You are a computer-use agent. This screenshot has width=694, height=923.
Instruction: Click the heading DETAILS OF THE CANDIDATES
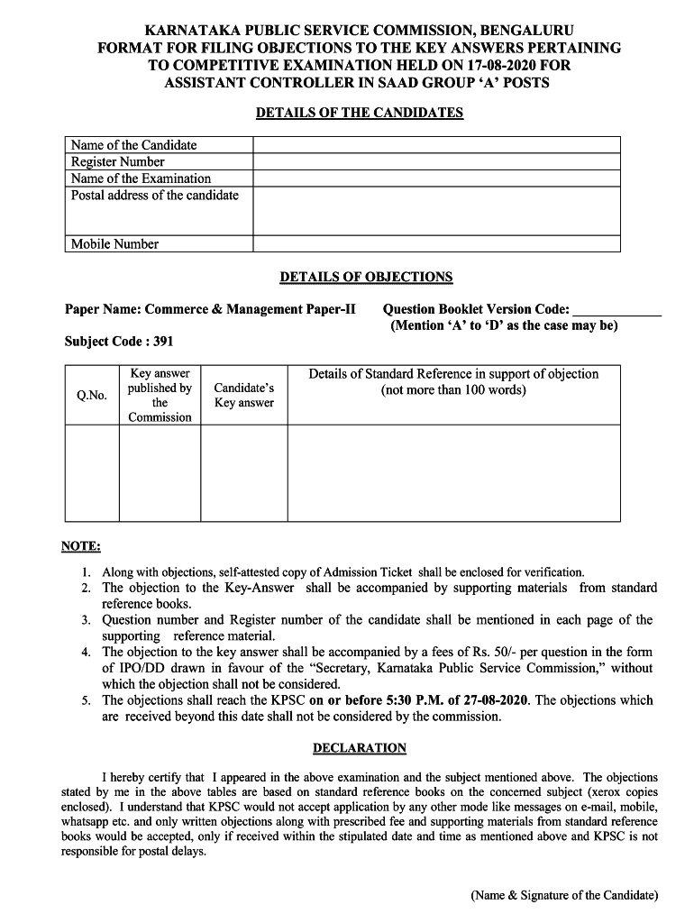coord(360,113)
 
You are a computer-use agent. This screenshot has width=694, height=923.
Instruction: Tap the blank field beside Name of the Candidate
coord(436,145)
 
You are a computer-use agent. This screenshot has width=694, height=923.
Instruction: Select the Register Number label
coord(118,162)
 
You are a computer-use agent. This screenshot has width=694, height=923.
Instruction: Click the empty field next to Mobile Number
coord(436,244)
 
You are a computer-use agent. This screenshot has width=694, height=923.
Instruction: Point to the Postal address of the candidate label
coord(155,196)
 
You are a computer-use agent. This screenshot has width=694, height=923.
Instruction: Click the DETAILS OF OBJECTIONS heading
coord(366,277)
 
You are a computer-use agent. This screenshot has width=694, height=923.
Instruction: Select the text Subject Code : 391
coord(119,342)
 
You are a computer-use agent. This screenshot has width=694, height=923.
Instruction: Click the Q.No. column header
coord(92,396)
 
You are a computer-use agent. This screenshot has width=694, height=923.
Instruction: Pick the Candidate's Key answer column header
coord(243,396)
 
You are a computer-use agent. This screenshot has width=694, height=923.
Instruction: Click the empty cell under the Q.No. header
coord(92,472)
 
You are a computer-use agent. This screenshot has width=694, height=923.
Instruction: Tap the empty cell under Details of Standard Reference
coord(453,472)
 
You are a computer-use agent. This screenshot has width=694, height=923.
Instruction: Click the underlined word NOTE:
coord(81,546)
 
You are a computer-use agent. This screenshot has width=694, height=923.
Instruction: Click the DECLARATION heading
coord(360,748)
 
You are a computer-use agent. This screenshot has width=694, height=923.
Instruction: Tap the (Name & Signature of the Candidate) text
coord(564,895)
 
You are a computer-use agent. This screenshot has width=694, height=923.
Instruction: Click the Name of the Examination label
coord(141,178)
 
